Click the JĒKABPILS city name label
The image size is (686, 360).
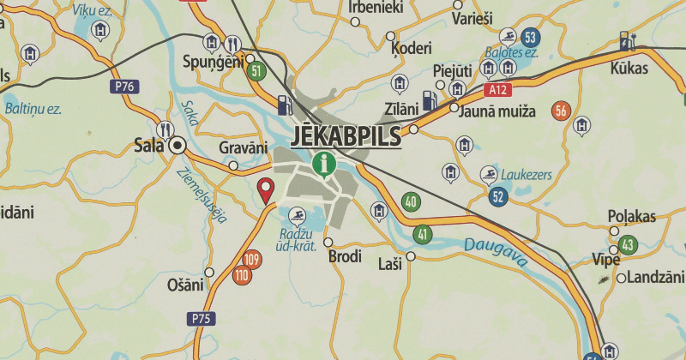tap(346, 135)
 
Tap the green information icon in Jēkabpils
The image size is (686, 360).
tap(323, 162)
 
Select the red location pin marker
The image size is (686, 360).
tap(266, 189)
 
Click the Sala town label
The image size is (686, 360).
tap(148, 145)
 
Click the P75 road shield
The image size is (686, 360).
tap(200, 319)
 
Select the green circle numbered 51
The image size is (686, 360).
tap(255, 70)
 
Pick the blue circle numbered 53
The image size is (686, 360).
tap(530, 37)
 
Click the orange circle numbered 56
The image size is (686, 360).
tap(563, 111)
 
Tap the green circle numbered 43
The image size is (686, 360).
tap(628, 245)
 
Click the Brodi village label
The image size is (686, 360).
tap(345, 256)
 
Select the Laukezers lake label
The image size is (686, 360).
tap(527, 175)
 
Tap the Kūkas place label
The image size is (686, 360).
tap(629, 68)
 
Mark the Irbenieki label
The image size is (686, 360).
tap(376, 8)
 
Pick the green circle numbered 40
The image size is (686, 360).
tap(411, 203)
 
